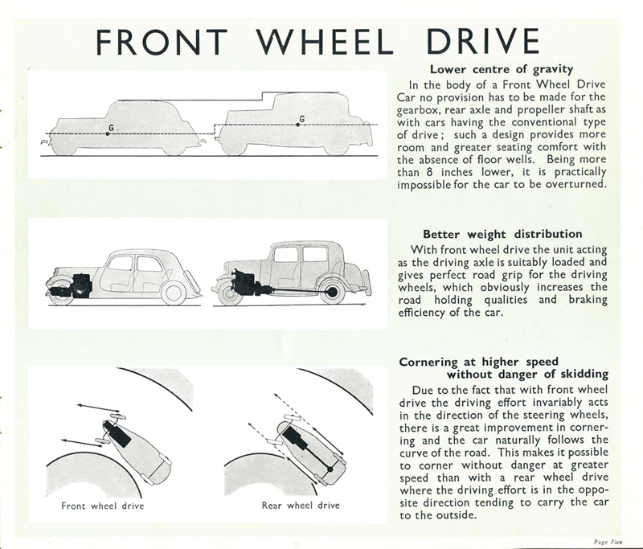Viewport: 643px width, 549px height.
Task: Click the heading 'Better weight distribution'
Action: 502,234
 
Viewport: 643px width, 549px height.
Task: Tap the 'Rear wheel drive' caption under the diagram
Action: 301,506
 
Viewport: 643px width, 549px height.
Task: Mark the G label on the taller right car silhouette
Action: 301,119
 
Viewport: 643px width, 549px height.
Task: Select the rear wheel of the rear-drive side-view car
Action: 331,291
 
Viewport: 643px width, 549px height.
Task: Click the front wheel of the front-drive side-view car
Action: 61,292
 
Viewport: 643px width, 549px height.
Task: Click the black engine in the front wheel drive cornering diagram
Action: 118,433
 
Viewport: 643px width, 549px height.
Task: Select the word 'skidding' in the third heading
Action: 575,375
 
